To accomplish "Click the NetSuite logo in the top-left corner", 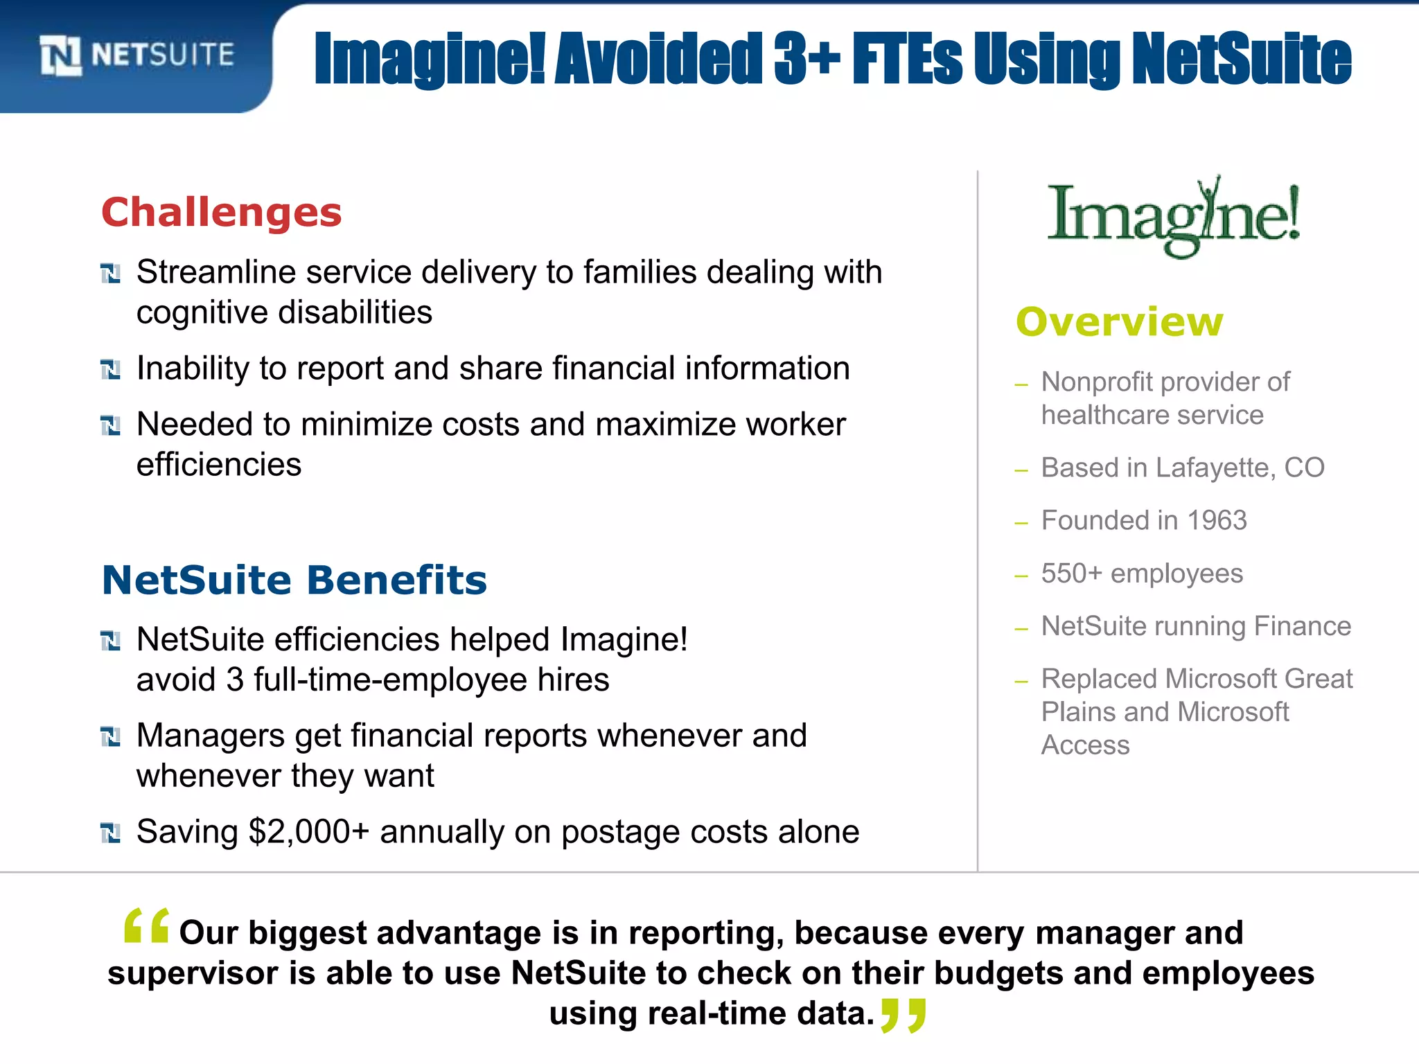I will (x=137, y=55).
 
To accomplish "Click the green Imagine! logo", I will (x=1173, y=217).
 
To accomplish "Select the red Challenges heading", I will (x=222, y=212).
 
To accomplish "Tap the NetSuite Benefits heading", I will (x=294, y=580).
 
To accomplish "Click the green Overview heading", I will (x=1119, y=322).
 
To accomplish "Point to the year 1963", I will (x=1217, y=520).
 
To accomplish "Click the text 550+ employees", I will (x=1142, y=574).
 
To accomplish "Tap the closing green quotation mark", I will (x=903, y=1015).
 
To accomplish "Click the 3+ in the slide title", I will (x=807, y=59).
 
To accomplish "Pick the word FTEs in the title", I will (x=907, y=59).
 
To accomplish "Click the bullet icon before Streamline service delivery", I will (x=110, y=274).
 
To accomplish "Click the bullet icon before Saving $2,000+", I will (x=110, y=833).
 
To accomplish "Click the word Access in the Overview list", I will (x=1085, y=745).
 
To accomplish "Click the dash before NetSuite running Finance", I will (x=1021, y=628).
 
